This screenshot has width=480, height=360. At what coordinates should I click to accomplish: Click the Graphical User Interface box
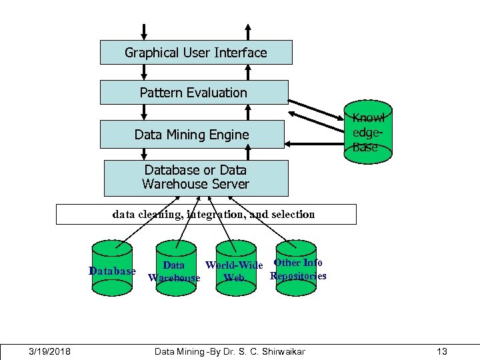(196, 53)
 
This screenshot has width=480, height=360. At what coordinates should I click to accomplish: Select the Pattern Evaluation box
(194, 93)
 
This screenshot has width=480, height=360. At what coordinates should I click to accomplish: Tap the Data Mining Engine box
(192, 135)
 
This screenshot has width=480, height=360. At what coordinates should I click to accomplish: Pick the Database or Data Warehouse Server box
(196, 178)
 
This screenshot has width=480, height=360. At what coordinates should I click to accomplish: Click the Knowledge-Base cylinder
(368, 132)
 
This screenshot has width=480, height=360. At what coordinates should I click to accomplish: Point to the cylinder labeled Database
(112, 268)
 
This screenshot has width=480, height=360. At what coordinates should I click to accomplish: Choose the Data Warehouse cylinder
(176, 268)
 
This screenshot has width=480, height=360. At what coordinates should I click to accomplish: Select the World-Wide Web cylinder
(236, 268)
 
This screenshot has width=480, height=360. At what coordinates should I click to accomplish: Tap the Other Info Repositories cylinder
(296, 268)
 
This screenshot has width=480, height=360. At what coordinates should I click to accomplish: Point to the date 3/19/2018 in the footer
(49, 351)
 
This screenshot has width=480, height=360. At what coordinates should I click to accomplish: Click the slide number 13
(442, 351)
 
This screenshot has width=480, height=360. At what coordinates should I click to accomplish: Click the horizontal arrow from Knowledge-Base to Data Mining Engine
(315, 144)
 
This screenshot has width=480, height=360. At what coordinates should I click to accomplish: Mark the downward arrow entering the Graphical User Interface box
(144, 32)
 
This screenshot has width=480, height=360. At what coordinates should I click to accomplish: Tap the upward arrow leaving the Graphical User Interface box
(248, 32)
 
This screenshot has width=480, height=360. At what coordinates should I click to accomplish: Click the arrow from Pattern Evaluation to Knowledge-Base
(316, 110)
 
